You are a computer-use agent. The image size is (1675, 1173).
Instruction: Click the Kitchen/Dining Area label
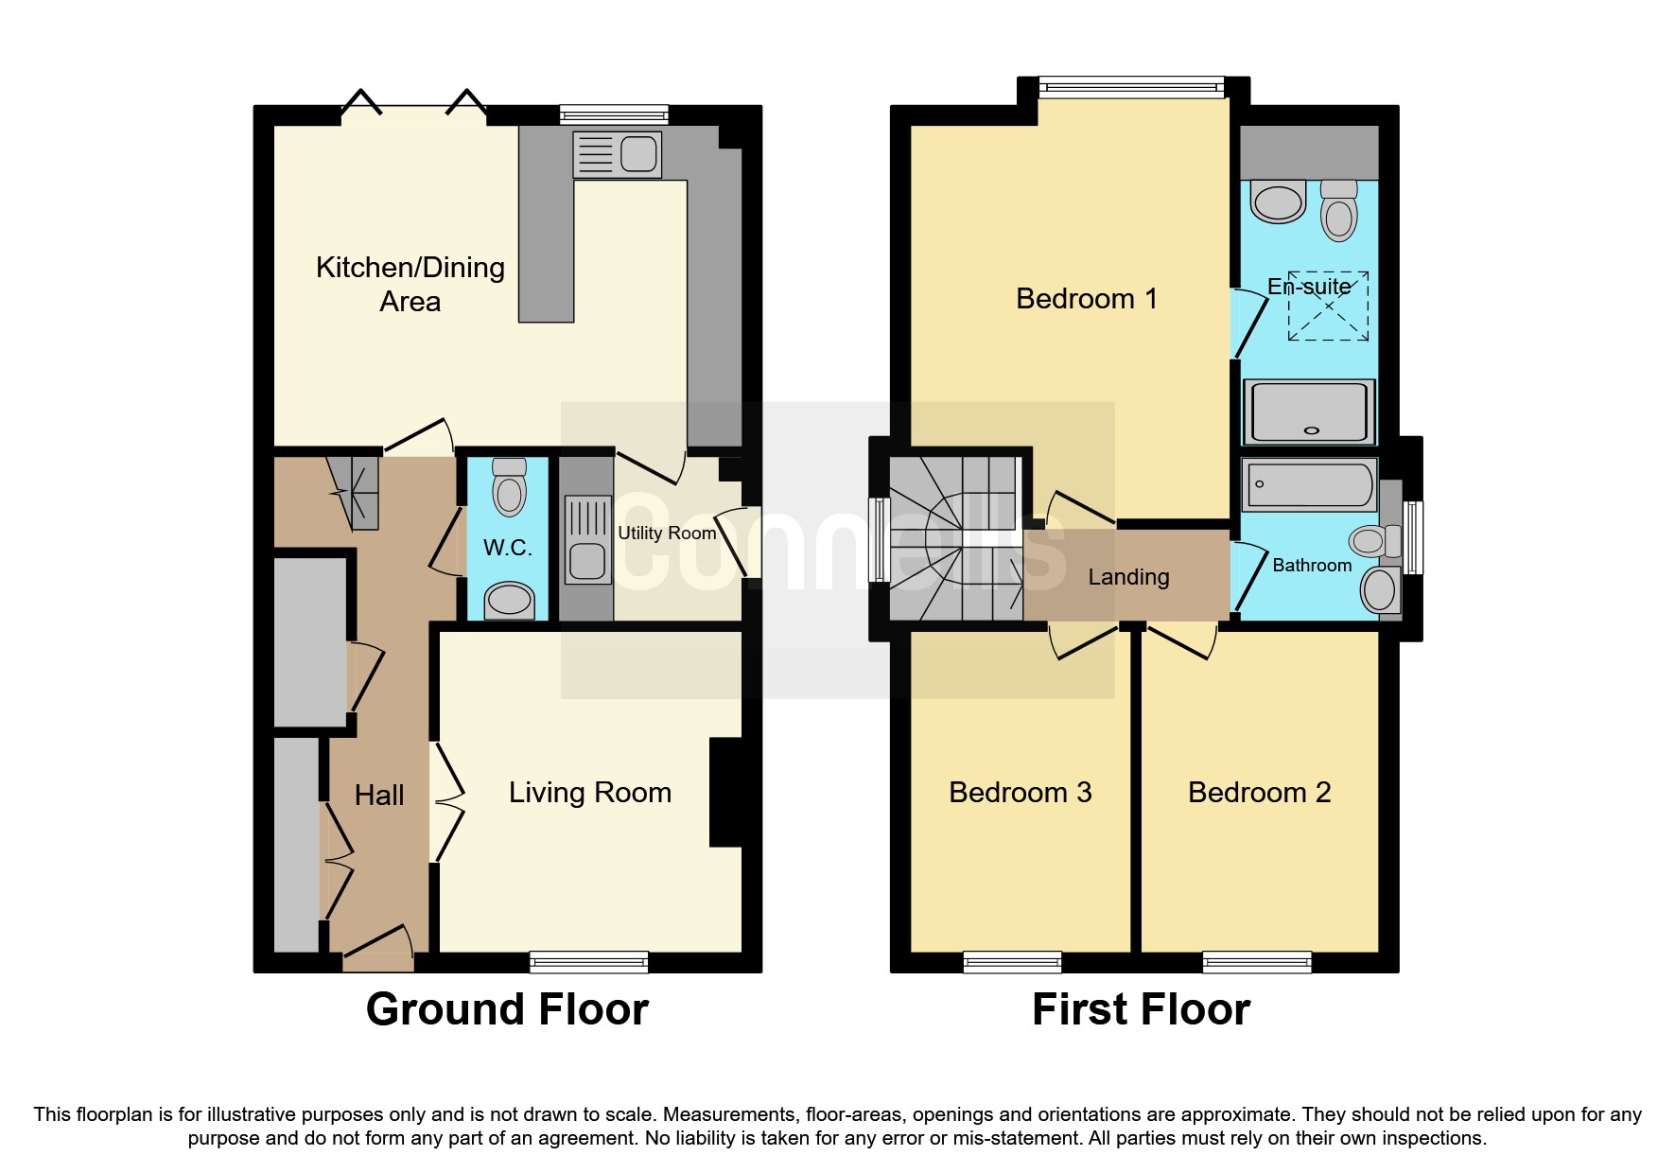click(x=410, y=284)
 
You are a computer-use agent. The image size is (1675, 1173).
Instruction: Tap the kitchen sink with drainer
click(x=617, y=154)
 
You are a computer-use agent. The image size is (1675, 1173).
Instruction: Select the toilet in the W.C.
click(x=509, y=488)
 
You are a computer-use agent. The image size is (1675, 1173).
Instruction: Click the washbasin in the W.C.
click(x=509, y=600)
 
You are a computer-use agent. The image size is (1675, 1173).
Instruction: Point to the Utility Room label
click(x=667, y=534)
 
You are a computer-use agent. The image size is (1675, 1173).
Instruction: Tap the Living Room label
click(x=589, y=793)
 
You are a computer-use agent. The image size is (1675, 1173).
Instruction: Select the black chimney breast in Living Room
click(x=725, y=792)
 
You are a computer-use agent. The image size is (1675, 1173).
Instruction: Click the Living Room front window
click(x=588, y=962)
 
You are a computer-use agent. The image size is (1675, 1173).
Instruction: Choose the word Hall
click(x=379, y=796)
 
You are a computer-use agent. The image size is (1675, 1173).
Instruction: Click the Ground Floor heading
click(x=507, y=1009)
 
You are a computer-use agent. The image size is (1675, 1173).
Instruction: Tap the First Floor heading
click(x=1141, y=1009)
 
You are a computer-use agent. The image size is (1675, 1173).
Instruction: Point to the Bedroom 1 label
click(x=1086, y=299)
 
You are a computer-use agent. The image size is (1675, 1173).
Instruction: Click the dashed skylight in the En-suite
click(x=1328, y=306)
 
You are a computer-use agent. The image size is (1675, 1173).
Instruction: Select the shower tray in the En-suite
click(x=1309, y=411)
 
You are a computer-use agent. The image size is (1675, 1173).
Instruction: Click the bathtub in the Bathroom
click(x=1309, y=484)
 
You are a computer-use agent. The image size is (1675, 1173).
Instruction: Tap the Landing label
click(x=1128, y=577)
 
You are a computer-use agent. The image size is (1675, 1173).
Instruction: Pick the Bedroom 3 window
click(x=1012, y=962)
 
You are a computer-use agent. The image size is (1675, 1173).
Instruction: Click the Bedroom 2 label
click(x=1259, y=793)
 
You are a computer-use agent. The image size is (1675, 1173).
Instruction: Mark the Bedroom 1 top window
click(x=1131, y=88)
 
